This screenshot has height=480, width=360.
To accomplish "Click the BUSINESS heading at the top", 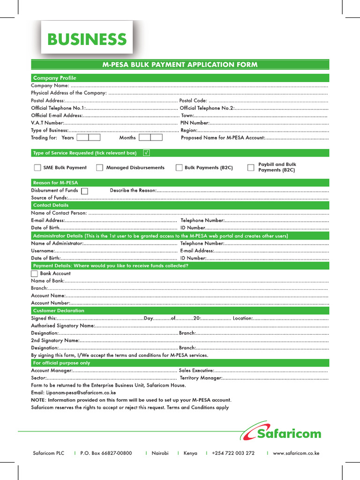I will point(87,39).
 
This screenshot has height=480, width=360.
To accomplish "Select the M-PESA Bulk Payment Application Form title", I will point(180,65).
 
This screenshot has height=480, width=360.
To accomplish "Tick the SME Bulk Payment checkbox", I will point(37,168).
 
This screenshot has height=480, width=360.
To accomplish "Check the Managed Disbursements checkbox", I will point(99,168).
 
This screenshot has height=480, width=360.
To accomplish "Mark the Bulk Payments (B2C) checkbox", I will point(179,168).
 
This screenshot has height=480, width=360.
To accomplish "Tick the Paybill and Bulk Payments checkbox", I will point(251,168).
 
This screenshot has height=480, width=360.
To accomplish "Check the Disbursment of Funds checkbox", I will point(84,191).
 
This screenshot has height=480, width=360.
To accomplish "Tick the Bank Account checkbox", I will point(34,273).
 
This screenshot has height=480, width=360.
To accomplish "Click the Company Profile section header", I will point(54,78).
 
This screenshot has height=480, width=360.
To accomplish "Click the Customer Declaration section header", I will point(59,310).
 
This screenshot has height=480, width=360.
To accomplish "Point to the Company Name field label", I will point(50,85).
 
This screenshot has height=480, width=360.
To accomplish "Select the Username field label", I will point(43,251).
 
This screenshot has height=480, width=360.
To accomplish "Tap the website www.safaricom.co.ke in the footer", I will point(296,453).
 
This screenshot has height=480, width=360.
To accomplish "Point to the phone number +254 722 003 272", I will point(233,453).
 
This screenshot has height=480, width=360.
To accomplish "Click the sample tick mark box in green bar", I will point(147,153).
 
